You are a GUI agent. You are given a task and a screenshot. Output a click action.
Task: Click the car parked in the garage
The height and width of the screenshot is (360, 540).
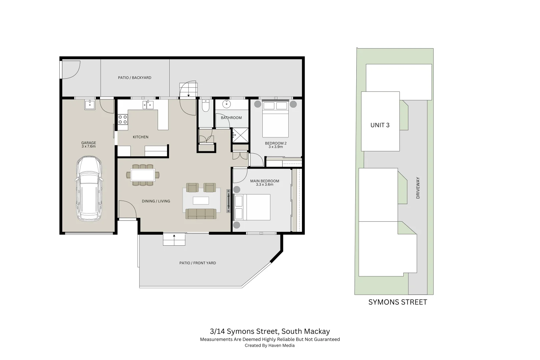click(89, 189)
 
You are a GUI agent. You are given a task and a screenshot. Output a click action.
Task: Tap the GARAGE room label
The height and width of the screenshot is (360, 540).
click(89, 143)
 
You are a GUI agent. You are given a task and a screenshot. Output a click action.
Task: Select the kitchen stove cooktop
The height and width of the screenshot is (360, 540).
click(123, 119)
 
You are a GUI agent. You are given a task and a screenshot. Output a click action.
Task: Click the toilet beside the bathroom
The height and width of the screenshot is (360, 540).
click(206, 106)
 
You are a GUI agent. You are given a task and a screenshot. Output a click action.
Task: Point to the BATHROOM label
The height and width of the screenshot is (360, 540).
click(231, 118)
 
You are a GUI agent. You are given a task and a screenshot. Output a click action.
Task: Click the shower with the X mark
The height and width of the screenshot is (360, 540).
click(240, 135)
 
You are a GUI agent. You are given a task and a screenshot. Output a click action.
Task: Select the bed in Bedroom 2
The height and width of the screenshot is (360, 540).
click(275, 119)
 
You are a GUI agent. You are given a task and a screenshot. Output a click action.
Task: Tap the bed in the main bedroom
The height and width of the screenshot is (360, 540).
click(253, 207)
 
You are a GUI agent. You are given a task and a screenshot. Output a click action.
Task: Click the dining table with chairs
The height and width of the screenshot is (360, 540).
click(143, 175)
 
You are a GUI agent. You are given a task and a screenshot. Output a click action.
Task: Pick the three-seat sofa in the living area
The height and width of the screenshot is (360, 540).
click(201, 214)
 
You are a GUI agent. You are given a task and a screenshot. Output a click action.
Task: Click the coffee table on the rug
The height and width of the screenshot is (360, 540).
click(201, 200)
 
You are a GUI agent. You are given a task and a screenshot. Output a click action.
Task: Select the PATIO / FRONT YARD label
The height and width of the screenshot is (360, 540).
click(198, 263)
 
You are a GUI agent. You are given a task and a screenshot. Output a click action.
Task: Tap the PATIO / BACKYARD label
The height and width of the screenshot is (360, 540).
click(135, 78)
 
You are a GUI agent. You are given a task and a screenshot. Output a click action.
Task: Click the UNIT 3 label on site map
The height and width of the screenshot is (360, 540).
click(380, 125)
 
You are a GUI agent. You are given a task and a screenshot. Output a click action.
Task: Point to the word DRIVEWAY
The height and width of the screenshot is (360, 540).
click(418, 188)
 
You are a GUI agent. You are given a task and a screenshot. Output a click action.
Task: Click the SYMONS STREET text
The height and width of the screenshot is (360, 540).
click(397, 302)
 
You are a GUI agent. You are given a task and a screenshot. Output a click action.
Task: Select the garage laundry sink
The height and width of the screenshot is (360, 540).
click(90, 105)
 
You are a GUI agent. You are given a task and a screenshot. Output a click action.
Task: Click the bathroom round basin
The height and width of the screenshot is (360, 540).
click(226, 104)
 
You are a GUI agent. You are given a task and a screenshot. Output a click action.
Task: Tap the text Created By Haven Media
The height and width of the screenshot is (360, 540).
click(270, 345)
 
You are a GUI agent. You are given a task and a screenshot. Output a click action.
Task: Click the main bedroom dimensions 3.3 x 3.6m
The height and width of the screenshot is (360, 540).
click(265, 184)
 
